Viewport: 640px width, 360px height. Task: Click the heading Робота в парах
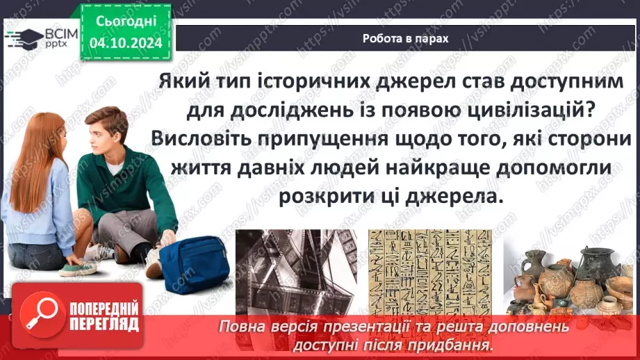click(405, 39)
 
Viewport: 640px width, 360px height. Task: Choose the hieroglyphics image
click(429, 272)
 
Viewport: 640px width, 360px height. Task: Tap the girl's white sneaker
click(76, 268)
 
